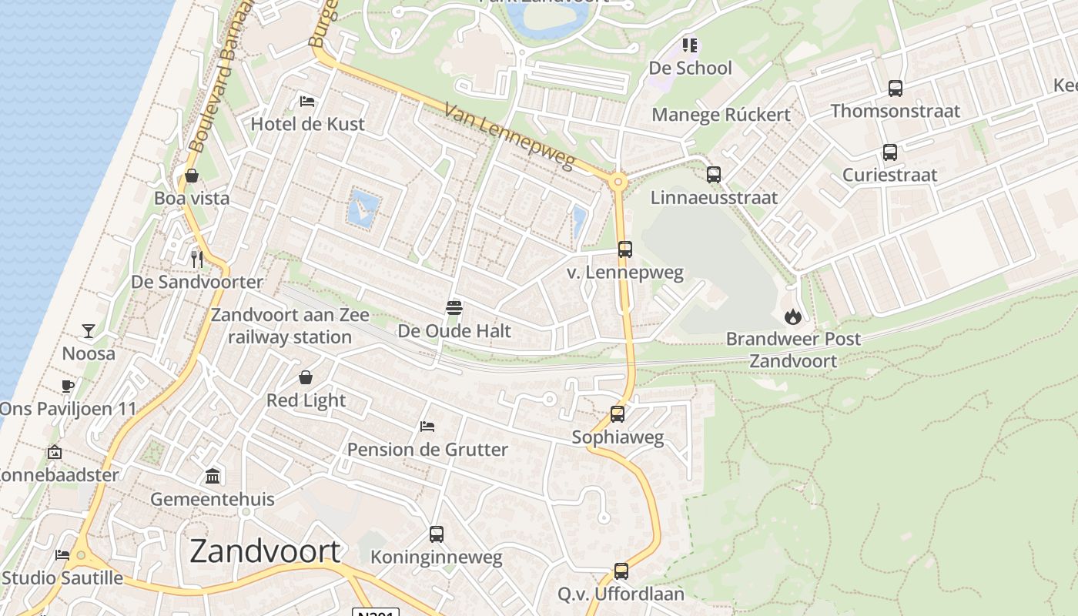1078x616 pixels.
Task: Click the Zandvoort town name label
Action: [265, 551]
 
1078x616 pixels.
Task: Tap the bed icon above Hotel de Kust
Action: [307, 102]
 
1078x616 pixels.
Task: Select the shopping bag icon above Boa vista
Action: [192, 176]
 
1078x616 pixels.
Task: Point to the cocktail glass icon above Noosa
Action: [89, 331]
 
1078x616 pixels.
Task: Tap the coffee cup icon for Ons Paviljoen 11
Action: [68, 386]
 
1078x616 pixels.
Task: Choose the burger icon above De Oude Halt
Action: [454, 309]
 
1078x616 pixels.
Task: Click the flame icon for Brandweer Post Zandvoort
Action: [792, 316]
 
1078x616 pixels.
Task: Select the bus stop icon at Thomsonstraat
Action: [895, 89]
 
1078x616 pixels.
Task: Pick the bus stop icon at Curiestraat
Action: [890, 152]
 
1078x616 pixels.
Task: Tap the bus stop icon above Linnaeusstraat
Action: [714, 175]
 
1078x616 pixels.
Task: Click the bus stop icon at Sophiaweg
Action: [618, 414]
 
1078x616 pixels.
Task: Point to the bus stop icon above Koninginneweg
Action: [437, 534]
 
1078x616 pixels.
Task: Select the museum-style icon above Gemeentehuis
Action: [213, 477]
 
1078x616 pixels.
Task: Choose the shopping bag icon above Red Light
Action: [306, 377]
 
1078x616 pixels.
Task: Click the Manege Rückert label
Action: [721, 115]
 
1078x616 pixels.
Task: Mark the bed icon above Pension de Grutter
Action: [427, 426]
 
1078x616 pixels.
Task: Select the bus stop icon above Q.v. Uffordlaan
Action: [621, 571]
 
